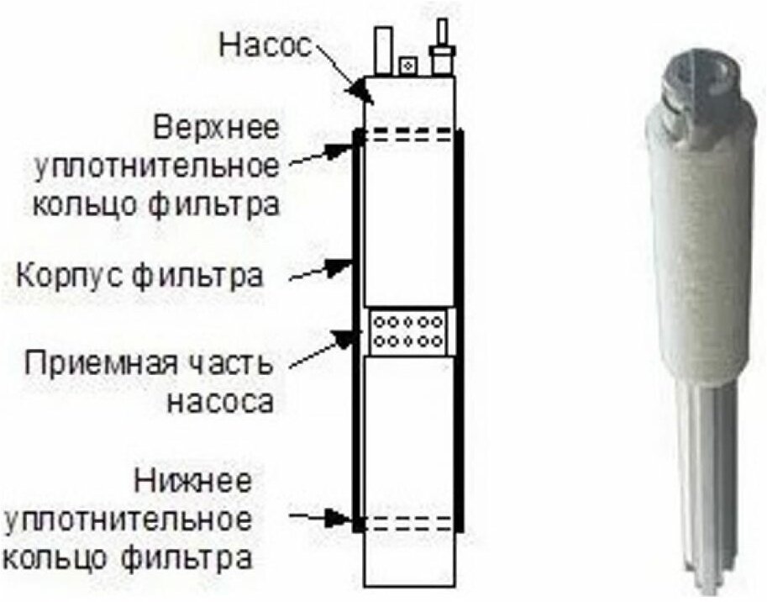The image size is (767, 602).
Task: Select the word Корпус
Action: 77,274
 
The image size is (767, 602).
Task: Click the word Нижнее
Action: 192,483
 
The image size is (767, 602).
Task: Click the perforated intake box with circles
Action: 409,331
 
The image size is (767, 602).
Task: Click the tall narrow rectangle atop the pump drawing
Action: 383,50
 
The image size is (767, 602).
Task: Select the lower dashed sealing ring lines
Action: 409,522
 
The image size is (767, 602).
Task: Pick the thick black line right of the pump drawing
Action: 460,332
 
